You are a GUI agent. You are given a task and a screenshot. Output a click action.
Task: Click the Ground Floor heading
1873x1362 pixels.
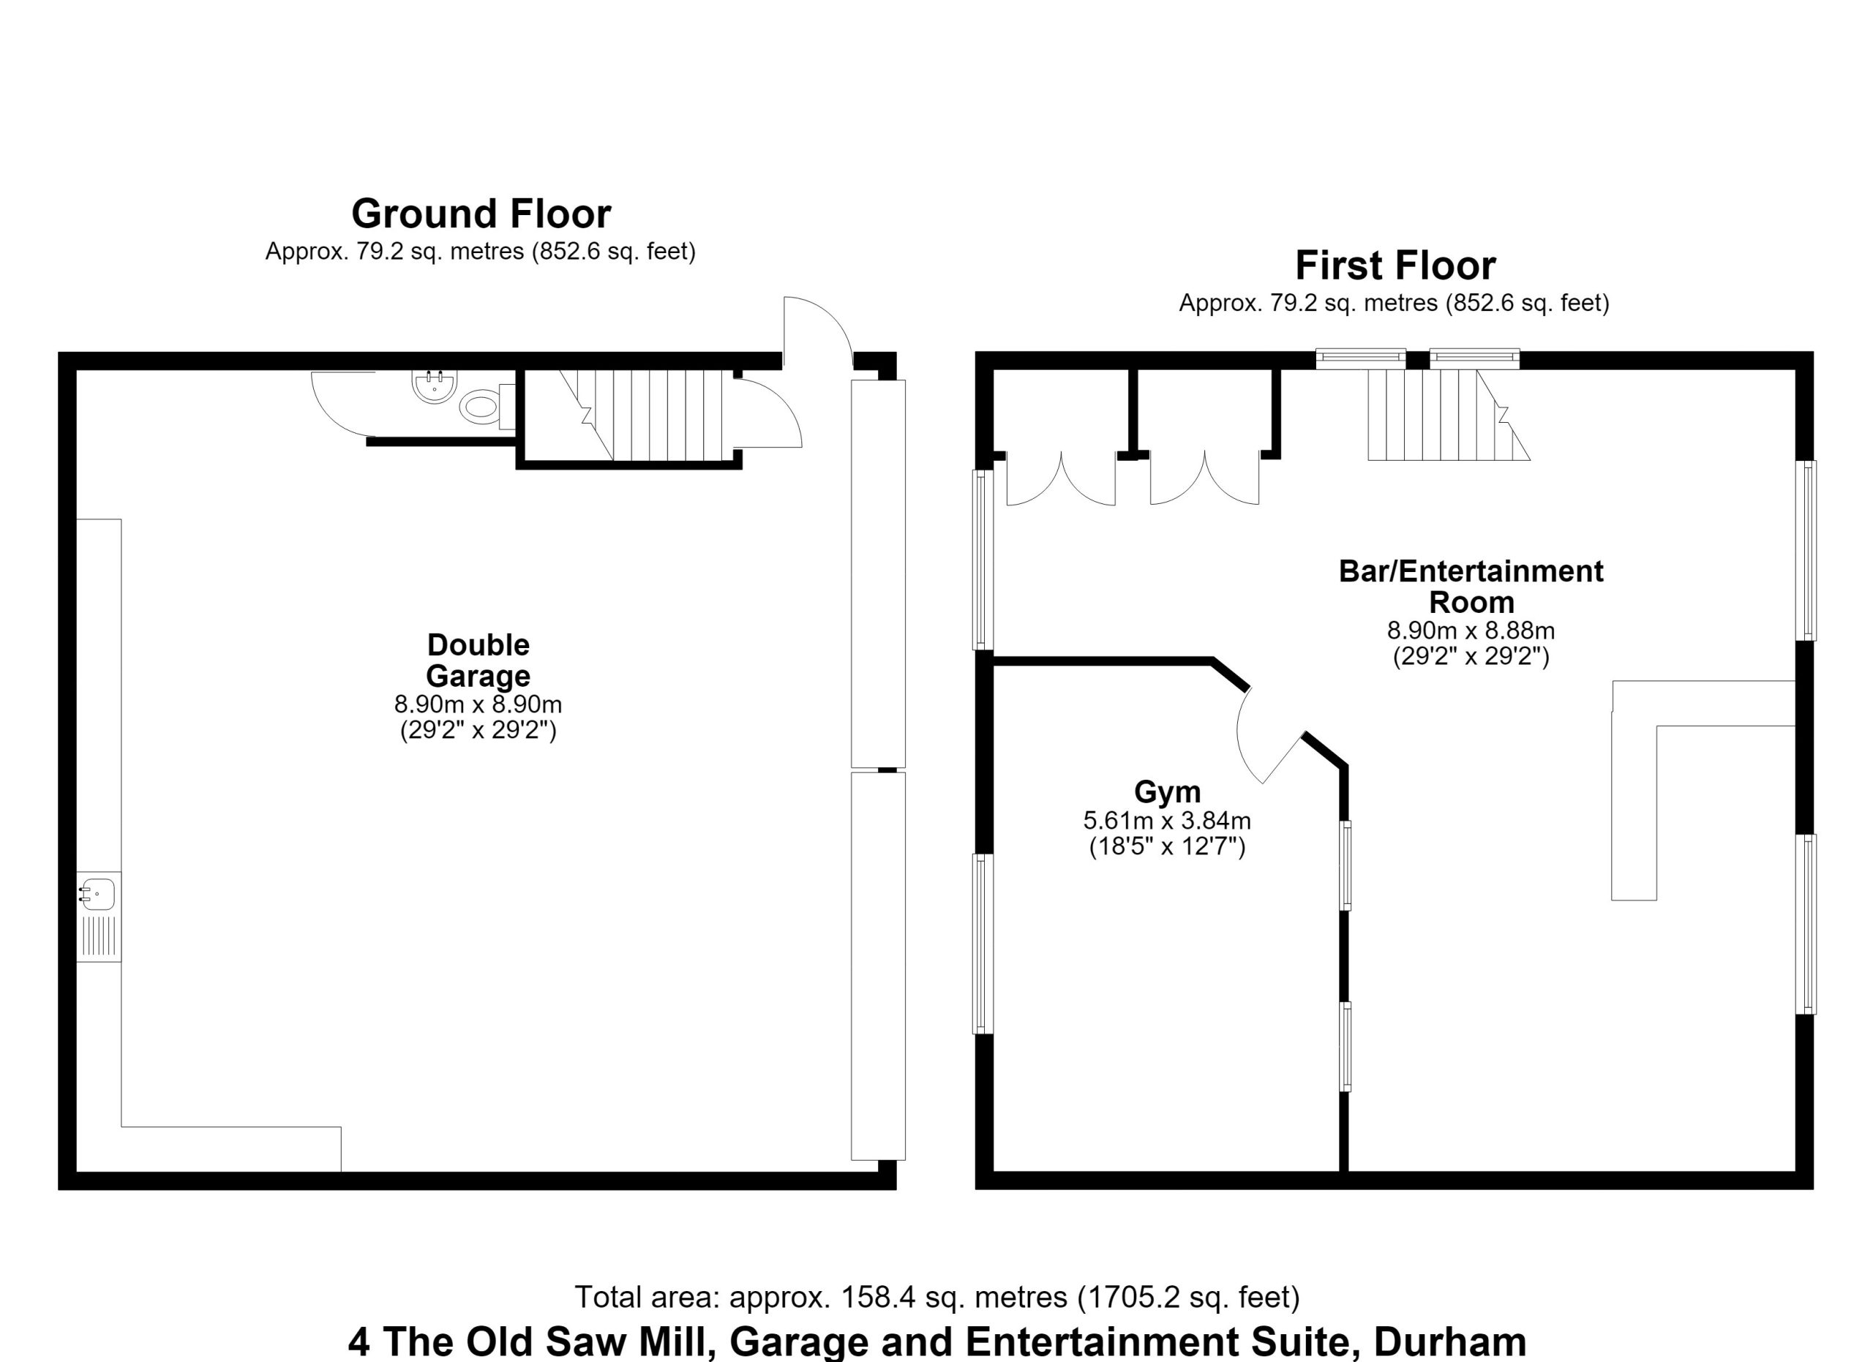tap(481, 214)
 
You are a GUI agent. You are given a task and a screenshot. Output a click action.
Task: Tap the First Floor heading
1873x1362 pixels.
tap(1395, 266)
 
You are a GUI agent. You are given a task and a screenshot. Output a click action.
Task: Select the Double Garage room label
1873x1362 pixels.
tap(478, 660)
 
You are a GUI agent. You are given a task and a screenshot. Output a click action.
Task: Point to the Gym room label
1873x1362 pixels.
tap(1167, 791)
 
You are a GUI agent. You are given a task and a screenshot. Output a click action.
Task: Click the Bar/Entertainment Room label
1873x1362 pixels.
tap(1471, 586)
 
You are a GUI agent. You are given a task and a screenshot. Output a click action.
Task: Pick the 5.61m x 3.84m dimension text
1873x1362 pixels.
tap(1167, 821)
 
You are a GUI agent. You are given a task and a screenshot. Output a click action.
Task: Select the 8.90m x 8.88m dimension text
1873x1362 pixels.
tap(1471, 631)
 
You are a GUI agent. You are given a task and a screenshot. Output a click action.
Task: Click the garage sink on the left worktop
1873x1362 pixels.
tap(97, 895)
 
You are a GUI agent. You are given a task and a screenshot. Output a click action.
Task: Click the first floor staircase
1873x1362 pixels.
tap(1449, 414)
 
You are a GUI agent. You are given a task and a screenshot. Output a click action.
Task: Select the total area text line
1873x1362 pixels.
tap(936, 1297)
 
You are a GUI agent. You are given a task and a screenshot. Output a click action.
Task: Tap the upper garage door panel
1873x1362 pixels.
tap(878, 573)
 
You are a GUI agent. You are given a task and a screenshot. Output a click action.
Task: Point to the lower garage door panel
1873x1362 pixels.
tap(878, 966)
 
